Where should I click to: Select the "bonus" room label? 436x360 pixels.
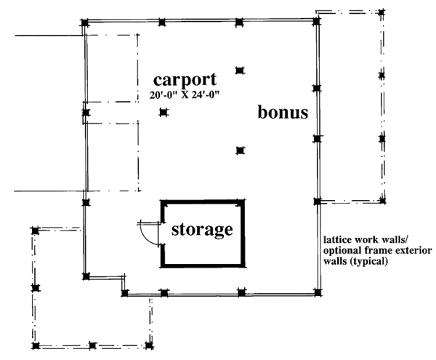[x=283, y=113]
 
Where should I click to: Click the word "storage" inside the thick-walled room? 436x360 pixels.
[x=202, y=230]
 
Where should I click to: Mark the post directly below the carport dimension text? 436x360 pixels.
[x=163, y=112]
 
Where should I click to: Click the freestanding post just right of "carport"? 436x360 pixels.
[x=240, y=71]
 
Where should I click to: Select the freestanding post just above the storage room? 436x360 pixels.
[x=240, y=151]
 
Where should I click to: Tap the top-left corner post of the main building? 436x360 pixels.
[x=85, y=23]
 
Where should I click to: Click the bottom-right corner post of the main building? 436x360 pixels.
[x=317, y=293]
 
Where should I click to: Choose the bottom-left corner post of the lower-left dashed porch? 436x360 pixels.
[x=34, y=345]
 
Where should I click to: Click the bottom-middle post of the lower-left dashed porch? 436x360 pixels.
[x=92, y=345]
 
